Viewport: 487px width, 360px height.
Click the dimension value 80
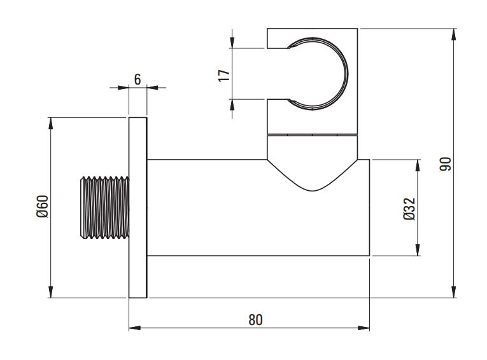tap(255, 320)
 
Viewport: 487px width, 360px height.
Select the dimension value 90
tap(445, 164)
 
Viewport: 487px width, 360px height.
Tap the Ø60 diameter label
tap(42, 206)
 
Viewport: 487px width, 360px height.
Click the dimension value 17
tap(224, 76)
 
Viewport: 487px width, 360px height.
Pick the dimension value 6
tap(138, 80)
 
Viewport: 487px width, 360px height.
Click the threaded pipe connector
tap(104, 207)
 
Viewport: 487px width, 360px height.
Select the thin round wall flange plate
tap(138, 207)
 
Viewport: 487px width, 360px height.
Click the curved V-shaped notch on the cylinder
tap(312, 190)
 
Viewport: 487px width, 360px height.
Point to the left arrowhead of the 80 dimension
tap(135, 328)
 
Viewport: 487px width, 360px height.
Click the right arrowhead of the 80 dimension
tap(363, 328)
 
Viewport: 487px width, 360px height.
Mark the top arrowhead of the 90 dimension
tap(454, 34)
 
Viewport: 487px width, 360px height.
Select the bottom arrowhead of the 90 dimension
tap(454, 292)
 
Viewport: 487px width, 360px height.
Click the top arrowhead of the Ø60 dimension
tap(51, 123)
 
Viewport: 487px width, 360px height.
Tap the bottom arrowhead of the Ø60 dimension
tap(51, 292)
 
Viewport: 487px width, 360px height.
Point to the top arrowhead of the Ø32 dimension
tap(418, 165)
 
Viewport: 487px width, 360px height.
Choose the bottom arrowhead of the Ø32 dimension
tap(418, 250)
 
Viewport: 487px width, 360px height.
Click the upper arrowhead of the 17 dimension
tap(232, 42)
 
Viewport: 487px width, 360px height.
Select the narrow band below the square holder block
tap(312, 135)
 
